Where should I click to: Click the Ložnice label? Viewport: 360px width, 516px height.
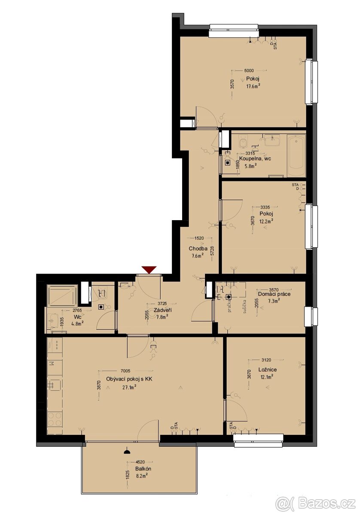tap(267, 369)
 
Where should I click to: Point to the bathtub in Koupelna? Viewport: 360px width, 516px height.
tap(296, 156)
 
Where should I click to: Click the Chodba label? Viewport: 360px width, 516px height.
tap(198, 249)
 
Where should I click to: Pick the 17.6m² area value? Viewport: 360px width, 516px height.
tap(253, 86)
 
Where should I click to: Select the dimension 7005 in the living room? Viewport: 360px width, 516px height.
tap(125, 371)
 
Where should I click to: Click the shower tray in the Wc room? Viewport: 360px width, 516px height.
tap(62, 296)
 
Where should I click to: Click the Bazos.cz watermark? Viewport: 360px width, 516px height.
tap(316, 502)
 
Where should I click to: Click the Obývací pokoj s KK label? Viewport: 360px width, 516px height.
tap(129, 380)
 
